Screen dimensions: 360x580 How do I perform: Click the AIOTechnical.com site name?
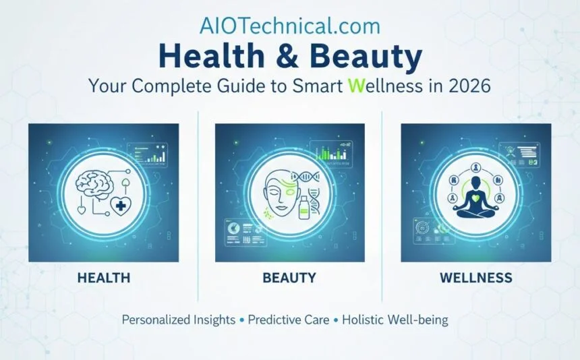[x=290, y=26]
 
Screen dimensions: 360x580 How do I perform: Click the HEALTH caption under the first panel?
[x=103, y=278]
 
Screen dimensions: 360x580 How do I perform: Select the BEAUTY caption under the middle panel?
[x=289, y=278]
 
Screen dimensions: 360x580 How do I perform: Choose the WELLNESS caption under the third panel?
[x=475, y=278]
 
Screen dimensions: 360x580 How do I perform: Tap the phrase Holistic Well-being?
[x=395, y=320]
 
